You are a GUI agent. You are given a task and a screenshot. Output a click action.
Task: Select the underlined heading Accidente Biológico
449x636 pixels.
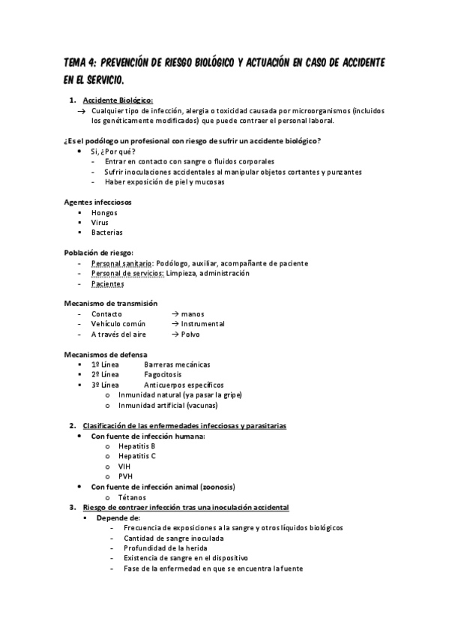pyautogui.click(x=118, y=100)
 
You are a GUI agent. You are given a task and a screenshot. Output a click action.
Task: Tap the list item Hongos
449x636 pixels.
pyautogui.click(x=104, y=212)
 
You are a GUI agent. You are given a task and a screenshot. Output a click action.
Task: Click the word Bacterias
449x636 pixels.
pyautogui.click(x=107, y=232)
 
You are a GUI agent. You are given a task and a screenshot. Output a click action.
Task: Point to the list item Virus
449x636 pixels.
pyautogui.click(x=100, y=223)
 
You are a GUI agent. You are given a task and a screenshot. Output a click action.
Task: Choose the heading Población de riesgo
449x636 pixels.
pyautogui.click(x=98, y=253)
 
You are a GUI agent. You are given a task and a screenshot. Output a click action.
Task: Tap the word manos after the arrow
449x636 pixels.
pyautogui.click(x=193, y=313)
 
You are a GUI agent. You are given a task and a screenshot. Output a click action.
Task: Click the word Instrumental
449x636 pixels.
pyautogui.click(x=202, y=324)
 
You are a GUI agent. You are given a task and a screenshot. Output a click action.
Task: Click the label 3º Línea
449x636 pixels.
pyautogui.click(x=105, y=385)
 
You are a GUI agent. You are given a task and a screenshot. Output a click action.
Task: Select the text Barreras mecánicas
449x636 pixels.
pyautogui.click(x=177, y=364)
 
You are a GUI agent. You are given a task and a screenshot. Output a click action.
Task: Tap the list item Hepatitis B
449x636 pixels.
pyautogui.click(x=137, y=445)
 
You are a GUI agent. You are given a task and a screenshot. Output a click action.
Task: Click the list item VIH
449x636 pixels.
pyautogui.click(x=124, y=466)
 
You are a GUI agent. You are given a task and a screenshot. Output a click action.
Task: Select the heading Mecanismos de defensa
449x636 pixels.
pyautogui.click(x=106, y=354)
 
